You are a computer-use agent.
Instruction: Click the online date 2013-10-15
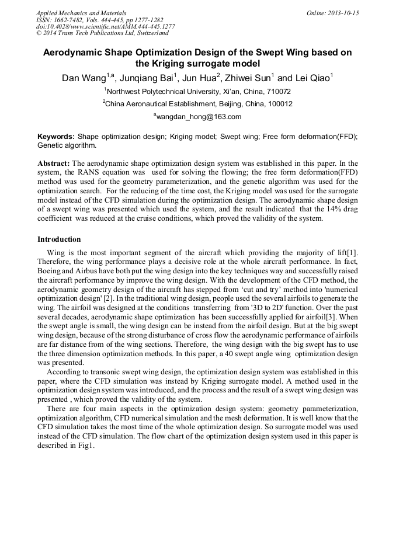(x=343, y=13)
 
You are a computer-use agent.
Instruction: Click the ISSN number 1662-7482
(x=68, y=20)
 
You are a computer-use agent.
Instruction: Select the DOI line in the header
(x=105, y=26)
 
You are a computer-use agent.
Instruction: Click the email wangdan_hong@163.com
(x=199, y=117)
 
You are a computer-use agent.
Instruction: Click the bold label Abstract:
(x=54, y=163)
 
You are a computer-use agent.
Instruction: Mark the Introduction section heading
(x=59, y=239)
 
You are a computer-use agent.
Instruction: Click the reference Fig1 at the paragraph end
(x=85, y=444)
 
